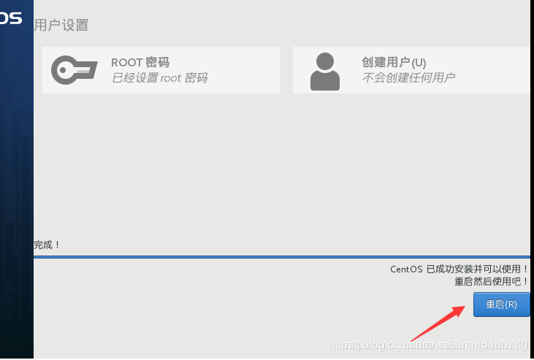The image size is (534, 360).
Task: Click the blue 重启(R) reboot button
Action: (x=501, y=305)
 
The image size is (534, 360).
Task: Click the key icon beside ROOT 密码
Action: (x=74, y=70)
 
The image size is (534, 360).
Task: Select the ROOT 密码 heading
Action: (x=140, y=63)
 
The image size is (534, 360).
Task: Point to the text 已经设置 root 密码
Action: (x=159, y=77)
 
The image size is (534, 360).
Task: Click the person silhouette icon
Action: (x=324, y=71)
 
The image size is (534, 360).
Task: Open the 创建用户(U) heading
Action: (x=394, y=63)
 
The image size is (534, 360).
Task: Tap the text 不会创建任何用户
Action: (x=408, y=77)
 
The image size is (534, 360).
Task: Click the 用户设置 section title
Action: (x=61, y=25)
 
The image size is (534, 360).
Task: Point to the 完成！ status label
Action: (x=47, y=245)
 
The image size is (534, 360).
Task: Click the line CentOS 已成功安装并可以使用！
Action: (x=459, y=269)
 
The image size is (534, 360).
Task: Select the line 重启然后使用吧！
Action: (x=491, y=281)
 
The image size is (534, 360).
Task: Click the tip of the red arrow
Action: (x=465, y=307)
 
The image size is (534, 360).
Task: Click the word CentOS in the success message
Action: (x=406, y=269)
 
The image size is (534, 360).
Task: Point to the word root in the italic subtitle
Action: (x=170, y=77)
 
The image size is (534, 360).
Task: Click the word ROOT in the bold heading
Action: (x=126, y=63)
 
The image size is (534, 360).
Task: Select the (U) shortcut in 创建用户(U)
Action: (x=419, y=63)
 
